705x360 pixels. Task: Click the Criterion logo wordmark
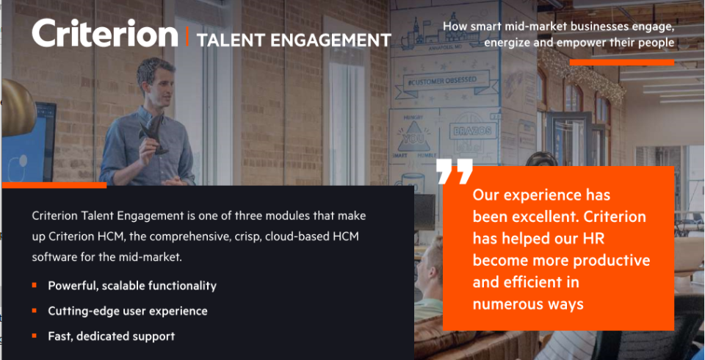105,33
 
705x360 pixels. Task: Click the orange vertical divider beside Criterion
187,37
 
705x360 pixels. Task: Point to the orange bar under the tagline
622,62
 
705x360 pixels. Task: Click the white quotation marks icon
455,171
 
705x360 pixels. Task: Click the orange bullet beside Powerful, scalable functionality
35,285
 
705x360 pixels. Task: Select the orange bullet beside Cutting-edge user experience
35,311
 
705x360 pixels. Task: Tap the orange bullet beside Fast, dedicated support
35,336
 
